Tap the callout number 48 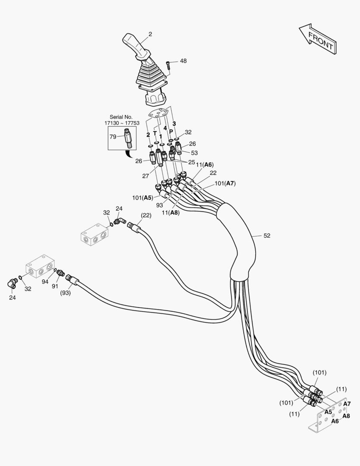tap(183, 61)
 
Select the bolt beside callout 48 tap(169, 65)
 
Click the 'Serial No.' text tap(121, 117)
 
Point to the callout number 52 tap(267, 236)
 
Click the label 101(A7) tap(225, 183)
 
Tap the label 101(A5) tap(143, 198)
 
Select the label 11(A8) tap(171, 212)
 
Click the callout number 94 tap(45, 281)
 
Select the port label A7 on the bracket tap(347, 404)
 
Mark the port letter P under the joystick tap(171, 132)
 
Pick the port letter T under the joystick tap(155, 133)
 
